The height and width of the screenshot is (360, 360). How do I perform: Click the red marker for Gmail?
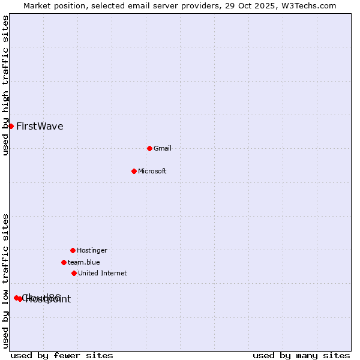[x=149, y=148]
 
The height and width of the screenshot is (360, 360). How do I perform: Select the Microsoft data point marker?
[x=134, y=171]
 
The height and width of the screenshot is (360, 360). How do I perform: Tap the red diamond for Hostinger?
[x=73, y=250]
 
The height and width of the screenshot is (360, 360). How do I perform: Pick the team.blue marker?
[x=64, y=262]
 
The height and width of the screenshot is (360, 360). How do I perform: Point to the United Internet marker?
[x=74, y=273]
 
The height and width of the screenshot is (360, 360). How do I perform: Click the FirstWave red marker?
[x=11, y=126]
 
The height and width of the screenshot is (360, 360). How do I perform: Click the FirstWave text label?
[x=40, y=126]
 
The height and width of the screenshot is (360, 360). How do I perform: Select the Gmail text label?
[x=163, y=148]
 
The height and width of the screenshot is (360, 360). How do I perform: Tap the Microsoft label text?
[x=152, y=171]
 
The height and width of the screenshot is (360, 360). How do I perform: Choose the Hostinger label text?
[x=92, y=250]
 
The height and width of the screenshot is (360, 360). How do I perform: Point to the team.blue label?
[x=84, y=262]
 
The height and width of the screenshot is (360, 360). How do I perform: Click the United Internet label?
[x=103, y=273]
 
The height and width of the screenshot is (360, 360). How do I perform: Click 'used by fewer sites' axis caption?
[x=62, y=355]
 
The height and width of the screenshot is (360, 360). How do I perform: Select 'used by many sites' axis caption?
[x=301, y=355]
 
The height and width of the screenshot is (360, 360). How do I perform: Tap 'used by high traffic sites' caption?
[x=5, y=85]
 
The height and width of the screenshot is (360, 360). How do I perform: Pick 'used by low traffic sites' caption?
[x=5, y=281]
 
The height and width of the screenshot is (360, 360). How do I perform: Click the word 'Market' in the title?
[x=38, y=5]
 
